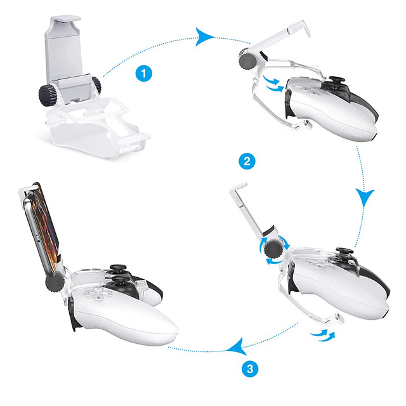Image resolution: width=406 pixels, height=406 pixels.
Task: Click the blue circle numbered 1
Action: point(145,74)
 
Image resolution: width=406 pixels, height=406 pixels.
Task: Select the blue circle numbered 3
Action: point(251,368)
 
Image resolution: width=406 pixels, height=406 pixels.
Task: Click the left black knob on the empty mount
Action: point(47,95)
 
